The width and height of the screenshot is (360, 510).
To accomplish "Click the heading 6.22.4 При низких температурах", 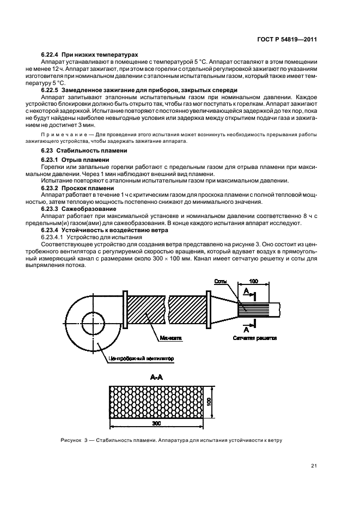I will pyautogui.click(x=89, y=54).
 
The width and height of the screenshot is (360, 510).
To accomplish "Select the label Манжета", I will pyautogui.click(x=171, y=338).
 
